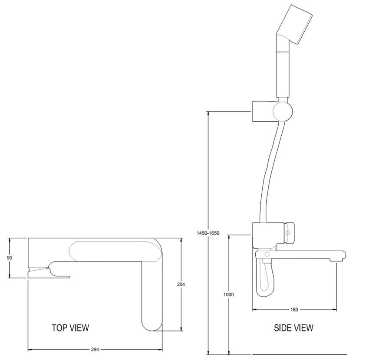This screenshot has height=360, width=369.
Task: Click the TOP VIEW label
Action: coord(70,328)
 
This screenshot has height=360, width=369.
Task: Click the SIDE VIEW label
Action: coord(293,328)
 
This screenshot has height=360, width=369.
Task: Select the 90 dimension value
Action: coord(10,258)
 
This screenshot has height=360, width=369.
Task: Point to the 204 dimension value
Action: coord(181,285)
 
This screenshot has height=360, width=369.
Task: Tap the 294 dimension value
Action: coord(95,349)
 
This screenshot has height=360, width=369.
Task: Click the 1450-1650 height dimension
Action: coord(208,233)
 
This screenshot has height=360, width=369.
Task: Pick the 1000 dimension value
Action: coord(228,295)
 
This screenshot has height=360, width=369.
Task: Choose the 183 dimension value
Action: coord(294,310)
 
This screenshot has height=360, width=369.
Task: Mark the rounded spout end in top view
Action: coord(152,323)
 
